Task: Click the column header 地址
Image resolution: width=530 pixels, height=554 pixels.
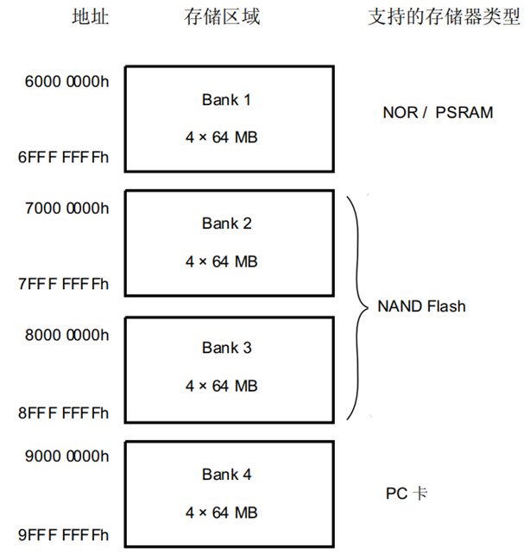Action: click(90, 17)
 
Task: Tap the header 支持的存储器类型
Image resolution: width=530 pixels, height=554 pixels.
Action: click(439, 17)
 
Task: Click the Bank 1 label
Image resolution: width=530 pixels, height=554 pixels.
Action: click(227, 100)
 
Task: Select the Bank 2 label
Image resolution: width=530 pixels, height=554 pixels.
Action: click(227, 223)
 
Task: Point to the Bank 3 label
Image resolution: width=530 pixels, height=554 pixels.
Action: click(227, 348)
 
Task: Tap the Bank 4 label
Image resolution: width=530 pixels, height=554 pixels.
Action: click(227, 474)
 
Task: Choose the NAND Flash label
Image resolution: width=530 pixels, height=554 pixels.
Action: click(421, 306)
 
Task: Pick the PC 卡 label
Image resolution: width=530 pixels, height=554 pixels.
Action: click(407, 494)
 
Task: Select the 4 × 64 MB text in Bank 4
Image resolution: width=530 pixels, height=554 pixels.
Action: click(222, 512)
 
